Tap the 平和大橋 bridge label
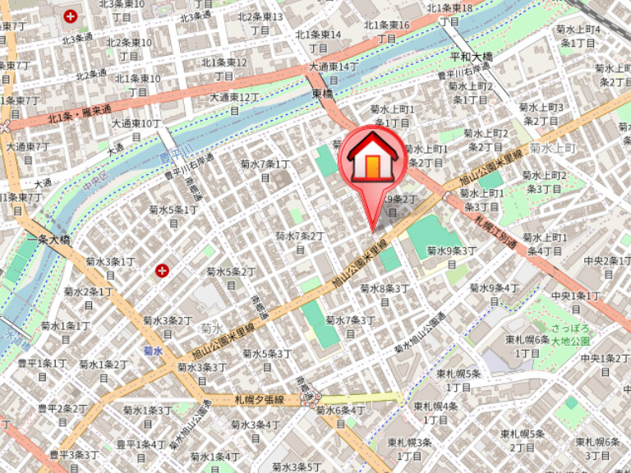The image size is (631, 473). (471, 57)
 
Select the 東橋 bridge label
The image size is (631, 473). (323, 94)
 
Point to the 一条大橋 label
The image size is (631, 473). (48, 241)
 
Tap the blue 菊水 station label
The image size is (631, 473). (153, 351)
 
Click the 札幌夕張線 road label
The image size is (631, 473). (258, 400)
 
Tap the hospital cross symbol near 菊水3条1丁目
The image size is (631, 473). (163, 269)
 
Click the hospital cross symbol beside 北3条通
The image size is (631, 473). (71, 16)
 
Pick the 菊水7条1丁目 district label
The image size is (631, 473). (265, 170)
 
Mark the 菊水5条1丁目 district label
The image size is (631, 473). (173, 216)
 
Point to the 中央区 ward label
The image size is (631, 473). (94, 182)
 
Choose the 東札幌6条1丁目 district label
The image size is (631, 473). (527, 346)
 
